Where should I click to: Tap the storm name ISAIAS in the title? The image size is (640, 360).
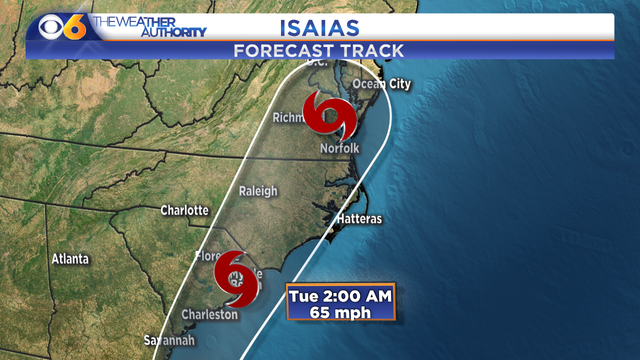(319, 28)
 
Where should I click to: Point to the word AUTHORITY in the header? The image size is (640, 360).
(173, 32)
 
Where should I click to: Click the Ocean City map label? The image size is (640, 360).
(381, 84)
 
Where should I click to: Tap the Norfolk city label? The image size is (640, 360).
(339, 148)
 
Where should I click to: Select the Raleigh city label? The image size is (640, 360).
(258, 191)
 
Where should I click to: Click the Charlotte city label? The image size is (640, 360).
(184, 210)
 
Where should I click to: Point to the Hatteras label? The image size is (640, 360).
(359, 218)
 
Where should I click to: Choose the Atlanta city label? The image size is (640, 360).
(70, 259)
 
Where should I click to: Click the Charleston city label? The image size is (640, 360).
(209, 314)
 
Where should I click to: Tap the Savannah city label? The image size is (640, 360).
(169, 340)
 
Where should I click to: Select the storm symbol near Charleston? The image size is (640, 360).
(236, 278)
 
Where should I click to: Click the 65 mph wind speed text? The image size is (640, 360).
(340, 312)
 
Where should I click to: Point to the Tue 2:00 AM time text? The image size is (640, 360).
(340, 296)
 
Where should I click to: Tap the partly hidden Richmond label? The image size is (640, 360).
(288, 118)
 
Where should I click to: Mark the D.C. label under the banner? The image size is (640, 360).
(316, 62)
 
